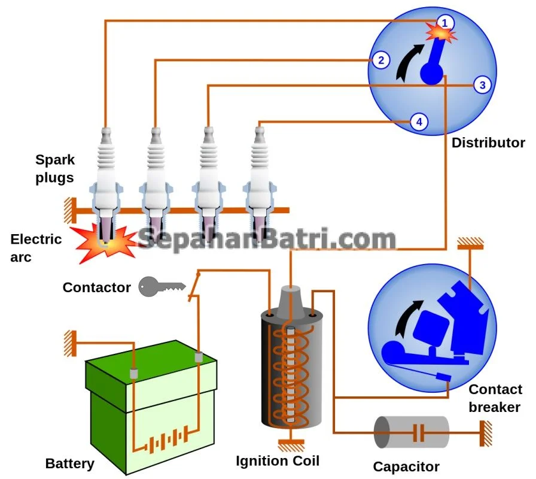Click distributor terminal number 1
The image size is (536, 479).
click(x=444, y=23)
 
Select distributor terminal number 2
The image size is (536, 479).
click(x=380, y=60)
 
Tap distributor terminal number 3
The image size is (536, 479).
click(x=483, y=85)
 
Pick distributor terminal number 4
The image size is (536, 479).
click(x=419, y=122)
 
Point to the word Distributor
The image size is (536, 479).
click(x=488, y=143)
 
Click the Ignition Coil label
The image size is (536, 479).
click(x=277, y=460)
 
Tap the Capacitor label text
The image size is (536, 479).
click(x=406, y=466)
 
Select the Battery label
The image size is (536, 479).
click(x=70, y=463)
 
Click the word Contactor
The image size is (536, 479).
click(x=96, y=287)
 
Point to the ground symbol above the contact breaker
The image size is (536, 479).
click(x=470, y=244)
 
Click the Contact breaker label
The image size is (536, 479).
click(x=495, y=398)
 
